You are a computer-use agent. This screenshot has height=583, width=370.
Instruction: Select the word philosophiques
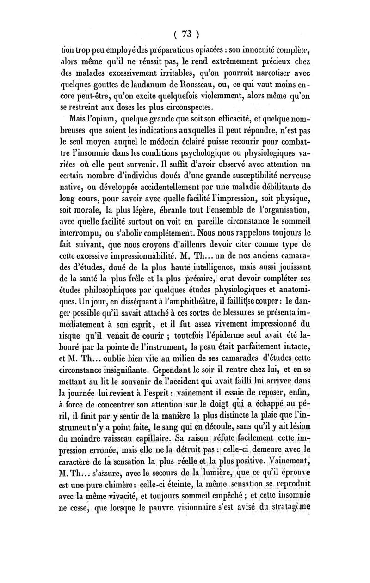(112, 291)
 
